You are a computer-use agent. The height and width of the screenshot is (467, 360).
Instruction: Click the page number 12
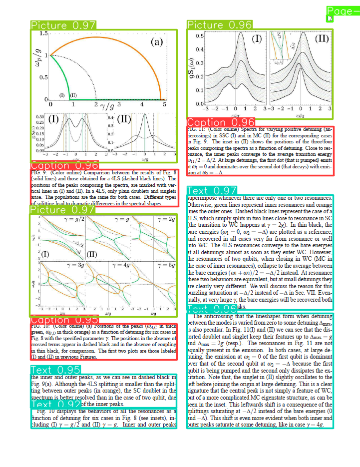pos(330,18)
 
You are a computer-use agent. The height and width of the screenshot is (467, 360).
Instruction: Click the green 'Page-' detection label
pos(343,11)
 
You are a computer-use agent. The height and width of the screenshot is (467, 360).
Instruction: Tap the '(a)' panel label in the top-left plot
pos(157,42)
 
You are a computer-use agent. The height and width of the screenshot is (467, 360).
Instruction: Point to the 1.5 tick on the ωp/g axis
pos(43,33)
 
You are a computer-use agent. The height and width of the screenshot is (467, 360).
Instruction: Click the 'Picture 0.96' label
pos(220,24)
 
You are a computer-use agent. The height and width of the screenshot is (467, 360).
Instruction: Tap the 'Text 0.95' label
pos(55,370)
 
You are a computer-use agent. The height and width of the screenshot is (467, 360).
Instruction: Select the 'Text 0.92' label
pos(55,404)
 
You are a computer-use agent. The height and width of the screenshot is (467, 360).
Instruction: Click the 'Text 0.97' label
pos(219,190)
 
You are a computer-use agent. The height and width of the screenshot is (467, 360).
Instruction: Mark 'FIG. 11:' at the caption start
pos(195,129)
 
